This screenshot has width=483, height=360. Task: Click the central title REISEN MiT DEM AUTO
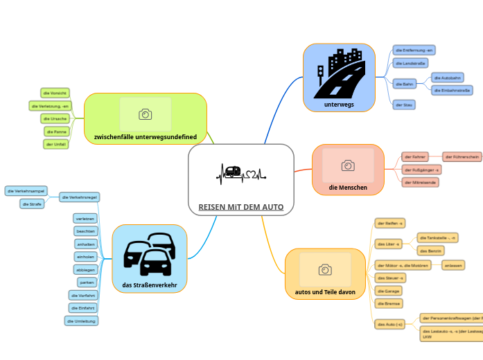240,207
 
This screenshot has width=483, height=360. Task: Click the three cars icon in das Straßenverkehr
149,254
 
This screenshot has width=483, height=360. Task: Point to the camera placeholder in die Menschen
348,165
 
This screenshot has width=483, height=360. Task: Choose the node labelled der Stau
404,105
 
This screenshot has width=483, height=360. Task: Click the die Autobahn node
448,78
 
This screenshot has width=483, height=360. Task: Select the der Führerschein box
462,157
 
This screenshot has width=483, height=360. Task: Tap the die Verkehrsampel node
26,190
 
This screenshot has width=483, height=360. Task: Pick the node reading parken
87,282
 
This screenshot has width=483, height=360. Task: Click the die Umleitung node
82,321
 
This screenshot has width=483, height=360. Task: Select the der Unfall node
56,144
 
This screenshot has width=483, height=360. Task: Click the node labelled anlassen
453,265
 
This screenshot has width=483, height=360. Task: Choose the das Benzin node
432,251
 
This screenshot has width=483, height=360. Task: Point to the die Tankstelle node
439,237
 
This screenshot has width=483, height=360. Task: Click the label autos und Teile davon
324,292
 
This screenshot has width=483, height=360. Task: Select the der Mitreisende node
421,182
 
